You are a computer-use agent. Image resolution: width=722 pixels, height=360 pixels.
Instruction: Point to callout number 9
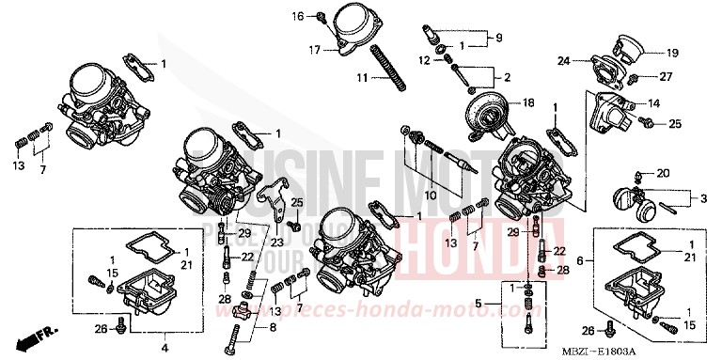(x=498, y=38)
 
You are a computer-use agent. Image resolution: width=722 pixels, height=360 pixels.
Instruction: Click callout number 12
(x=424, y=60)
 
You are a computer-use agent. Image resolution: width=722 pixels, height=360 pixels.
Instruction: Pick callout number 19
(x=673, y=53)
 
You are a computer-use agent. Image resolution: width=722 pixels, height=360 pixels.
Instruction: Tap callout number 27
(x=664, y=76)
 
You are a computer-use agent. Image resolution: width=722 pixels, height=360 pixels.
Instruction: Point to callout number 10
(x=430, y=195)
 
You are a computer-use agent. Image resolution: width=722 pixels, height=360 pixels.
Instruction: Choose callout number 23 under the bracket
(x=275, y=241)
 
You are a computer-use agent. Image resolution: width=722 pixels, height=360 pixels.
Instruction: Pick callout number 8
(x=274, y=326)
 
